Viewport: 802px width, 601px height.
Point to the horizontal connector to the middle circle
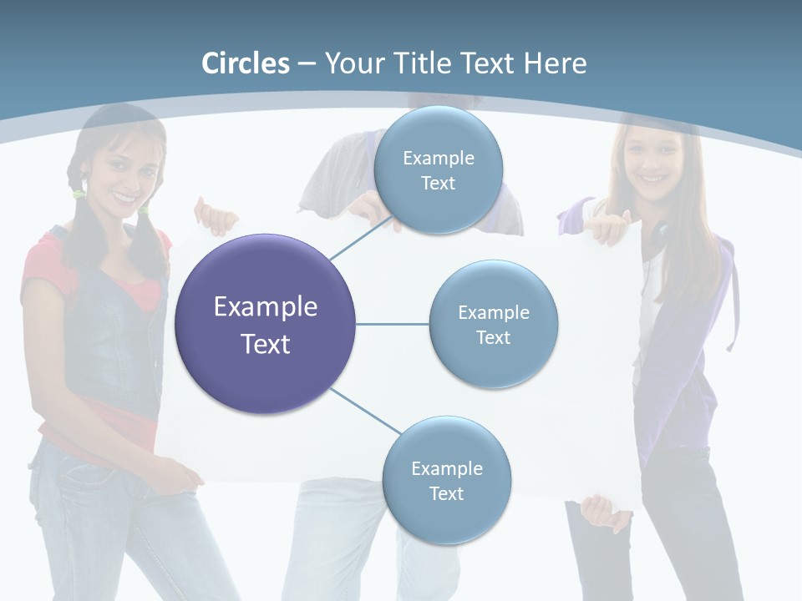392,324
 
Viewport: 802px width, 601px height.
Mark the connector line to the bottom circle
364,411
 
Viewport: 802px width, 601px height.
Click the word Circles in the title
246,63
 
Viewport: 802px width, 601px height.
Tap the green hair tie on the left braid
79,194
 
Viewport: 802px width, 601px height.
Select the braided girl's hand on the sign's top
215,217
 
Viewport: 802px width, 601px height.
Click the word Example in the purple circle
266,307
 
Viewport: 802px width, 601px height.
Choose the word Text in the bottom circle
446,493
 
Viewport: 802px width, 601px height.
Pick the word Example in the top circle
438,158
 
